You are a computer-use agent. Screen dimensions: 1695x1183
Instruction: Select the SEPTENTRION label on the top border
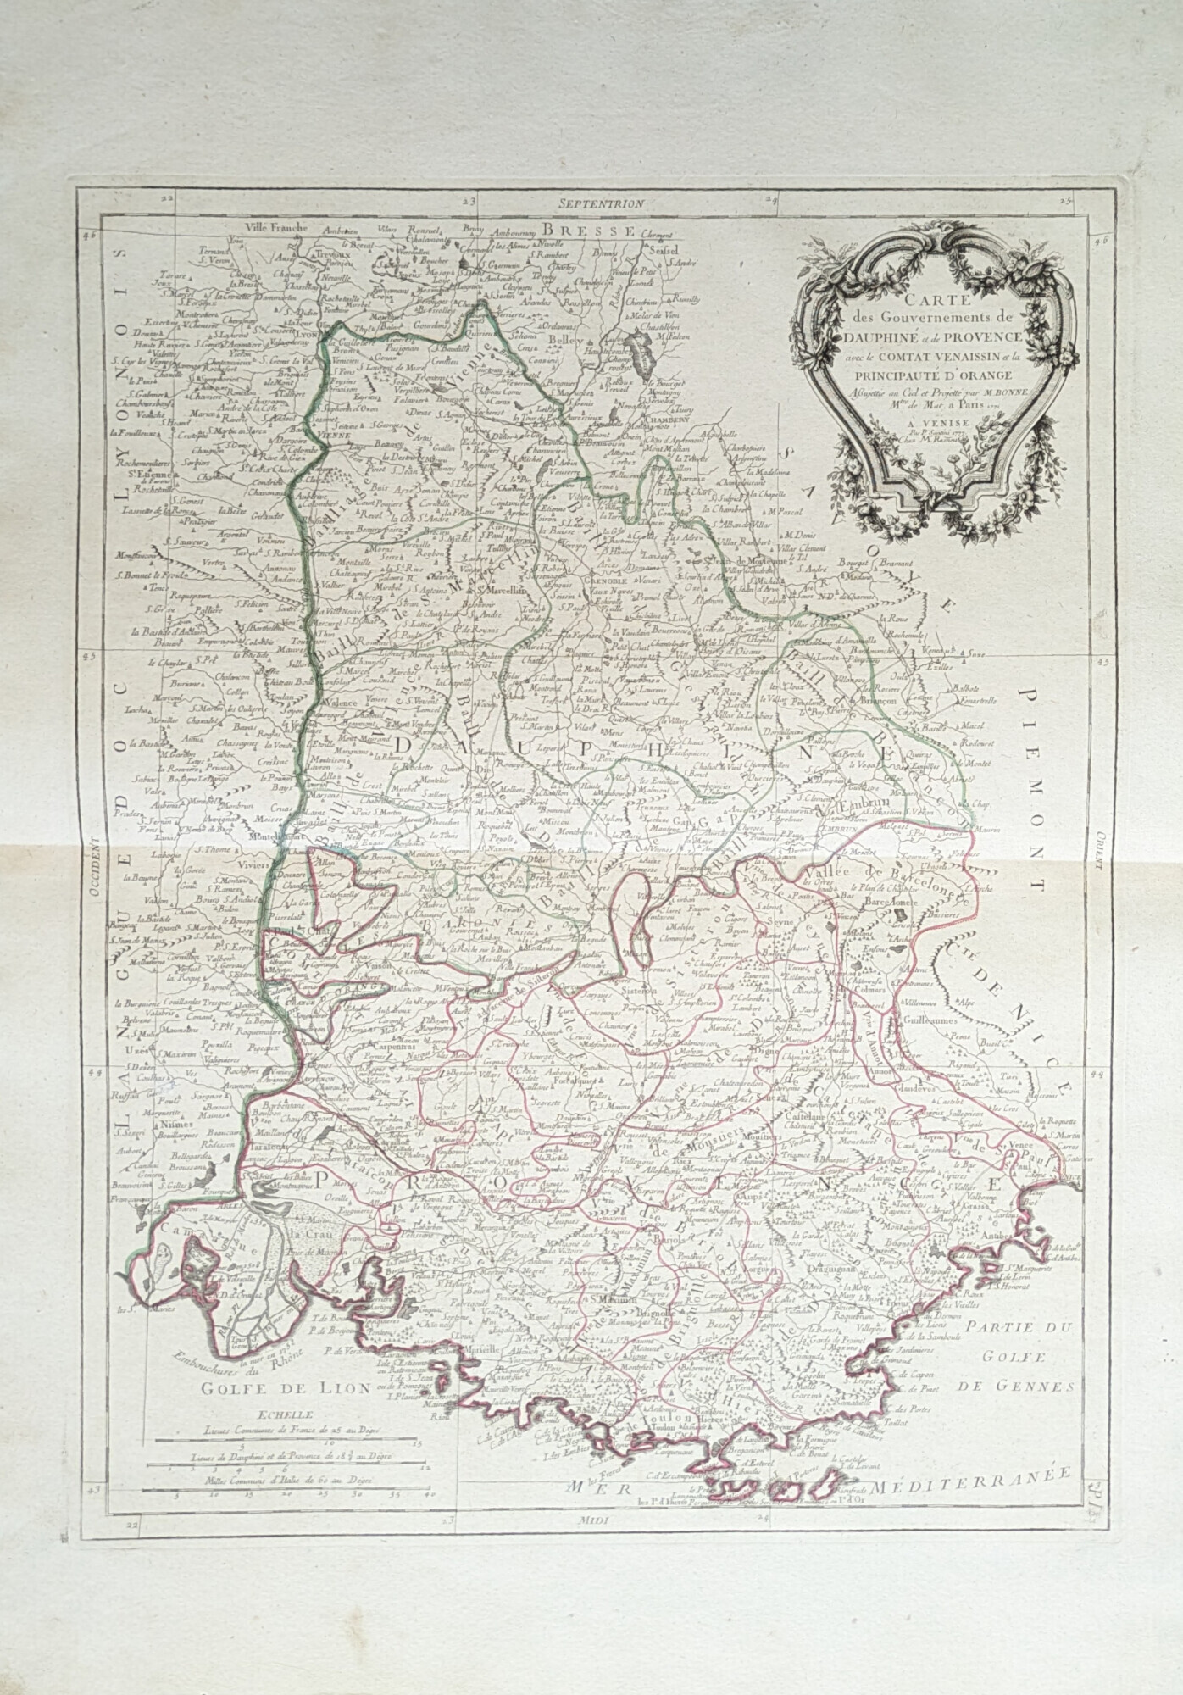tap(602, 203)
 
